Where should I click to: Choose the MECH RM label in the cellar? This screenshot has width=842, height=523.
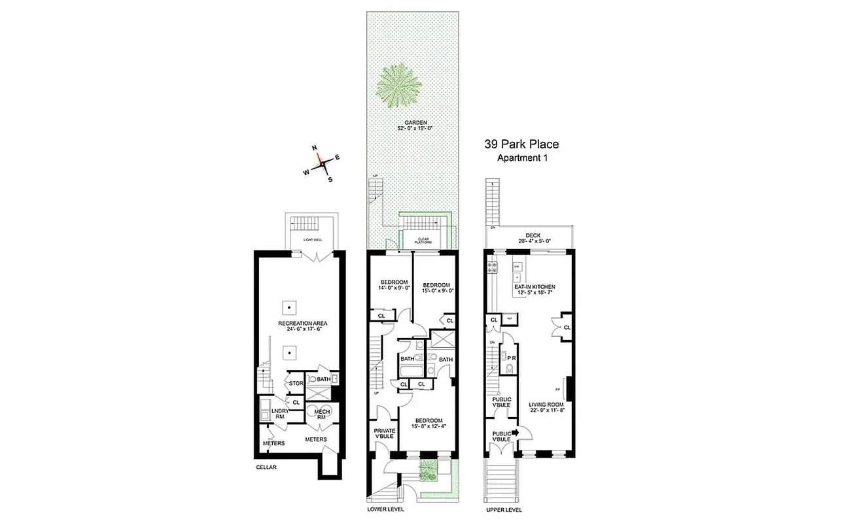322,413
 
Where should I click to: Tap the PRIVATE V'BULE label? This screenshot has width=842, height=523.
384,435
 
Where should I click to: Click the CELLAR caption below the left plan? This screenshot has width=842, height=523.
266,467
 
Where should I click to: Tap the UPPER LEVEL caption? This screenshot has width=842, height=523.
504,510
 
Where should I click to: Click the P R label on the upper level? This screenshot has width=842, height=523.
512,358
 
